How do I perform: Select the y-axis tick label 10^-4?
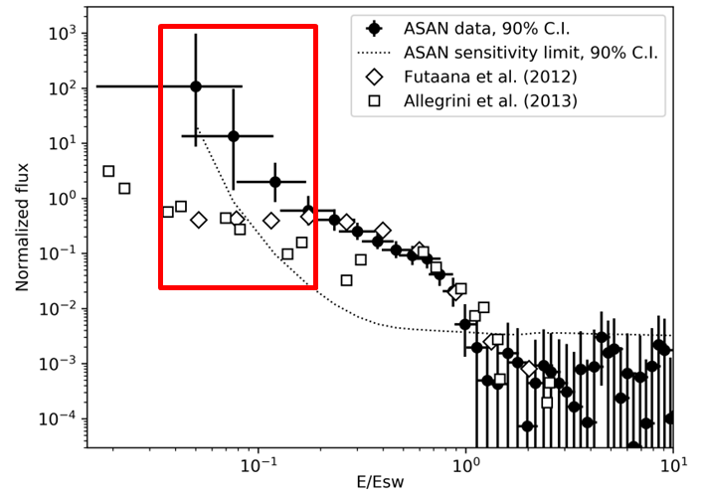(62, 418)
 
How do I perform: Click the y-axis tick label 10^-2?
(62, 308)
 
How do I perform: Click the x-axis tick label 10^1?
(672, 464)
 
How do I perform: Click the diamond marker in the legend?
(374, 77)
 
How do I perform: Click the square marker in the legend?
(374, 100)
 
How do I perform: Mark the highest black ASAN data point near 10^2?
(196, 86)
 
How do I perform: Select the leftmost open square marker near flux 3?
(108, 171)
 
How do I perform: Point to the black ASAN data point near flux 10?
(234, 136)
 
